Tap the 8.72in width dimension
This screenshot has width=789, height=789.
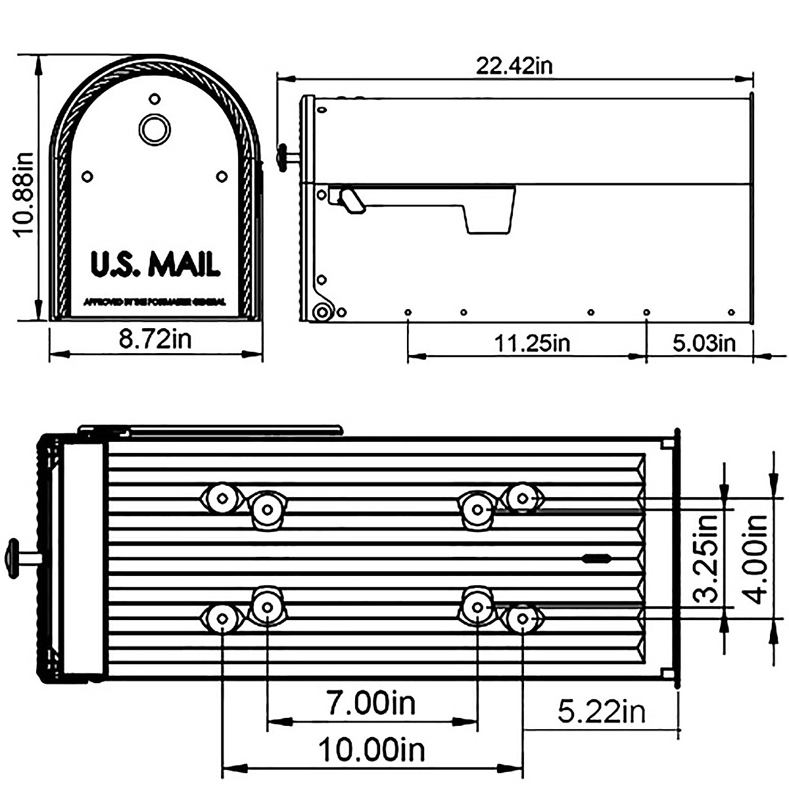coord(155,341)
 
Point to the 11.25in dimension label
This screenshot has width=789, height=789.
coord(533,343)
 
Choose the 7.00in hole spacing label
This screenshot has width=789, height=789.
coord(371,704)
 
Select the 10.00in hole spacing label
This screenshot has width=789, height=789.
coord(371,750)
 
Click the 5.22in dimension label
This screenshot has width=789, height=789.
coord(602,711)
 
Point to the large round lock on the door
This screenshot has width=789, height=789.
coord(155,129)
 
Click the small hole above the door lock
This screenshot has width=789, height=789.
coord(155,99)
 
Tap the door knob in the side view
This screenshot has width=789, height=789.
coord(284,157)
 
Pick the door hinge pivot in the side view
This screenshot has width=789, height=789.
coord(322,312)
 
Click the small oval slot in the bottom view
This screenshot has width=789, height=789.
coord(596,559)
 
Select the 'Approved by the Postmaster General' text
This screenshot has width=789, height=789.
coord(155,302)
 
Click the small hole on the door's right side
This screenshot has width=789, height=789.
coord(222,176)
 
